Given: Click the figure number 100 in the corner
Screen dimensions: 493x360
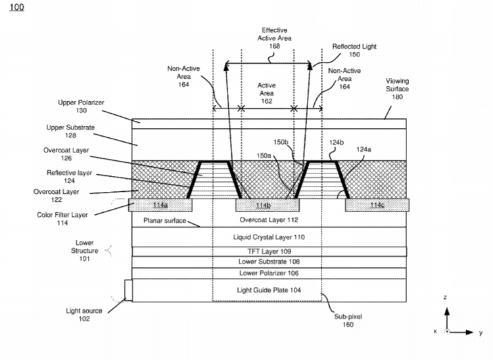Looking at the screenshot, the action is click(x=16, y=7).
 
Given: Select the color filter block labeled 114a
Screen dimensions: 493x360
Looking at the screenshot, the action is click(x=160, y=205).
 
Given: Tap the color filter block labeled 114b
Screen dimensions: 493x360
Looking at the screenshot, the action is click(x=268, y=205).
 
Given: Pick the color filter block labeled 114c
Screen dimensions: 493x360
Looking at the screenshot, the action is click(x=377, y=205).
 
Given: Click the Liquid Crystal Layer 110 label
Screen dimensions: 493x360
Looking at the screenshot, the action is click(x=269, y=237).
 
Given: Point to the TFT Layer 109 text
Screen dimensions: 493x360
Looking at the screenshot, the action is click(x=269, y=252).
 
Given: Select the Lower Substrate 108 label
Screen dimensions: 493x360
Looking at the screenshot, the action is click(x=269, y=261).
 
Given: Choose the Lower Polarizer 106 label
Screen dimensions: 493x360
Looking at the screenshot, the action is click(x=269, y=273).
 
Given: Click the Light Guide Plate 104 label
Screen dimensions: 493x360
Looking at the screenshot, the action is click(x=269, y=290).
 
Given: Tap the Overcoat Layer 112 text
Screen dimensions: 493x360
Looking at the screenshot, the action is click(x=269, y=220).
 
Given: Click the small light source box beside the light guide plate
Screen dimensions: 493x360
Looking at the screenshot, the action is click(x=128, y=290).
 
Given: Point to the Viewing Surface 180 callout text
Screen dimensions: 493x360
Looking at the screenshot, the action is click(x=398, y=89).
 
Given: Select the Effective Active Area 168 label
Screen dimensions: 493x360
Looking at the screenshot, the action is click(x=275, y=38).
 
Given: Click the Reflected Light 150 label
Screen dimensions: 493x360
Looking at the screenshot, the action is click(x=354, y=51).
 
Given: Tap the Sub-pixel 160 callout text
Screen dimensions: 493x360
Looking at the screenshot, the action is click(x=348, y=321).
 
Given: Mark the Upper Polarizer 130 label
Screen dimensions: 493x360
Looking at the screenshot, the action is click(x=81, y=106).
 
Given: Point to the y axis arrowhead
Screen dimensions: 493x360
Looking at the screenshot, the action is click(x=470, y=332).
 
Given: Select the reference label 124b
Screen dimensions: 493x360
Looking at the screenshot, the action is click(x=337, y=143).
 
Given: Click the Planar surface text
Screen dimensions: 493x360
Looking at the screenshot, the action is click(x=165, y=221).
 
